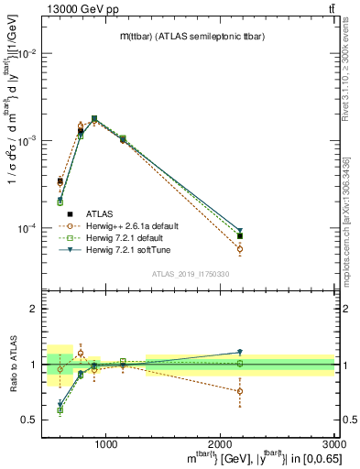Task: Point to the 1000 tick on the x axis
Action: click(x=105, y=442)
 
